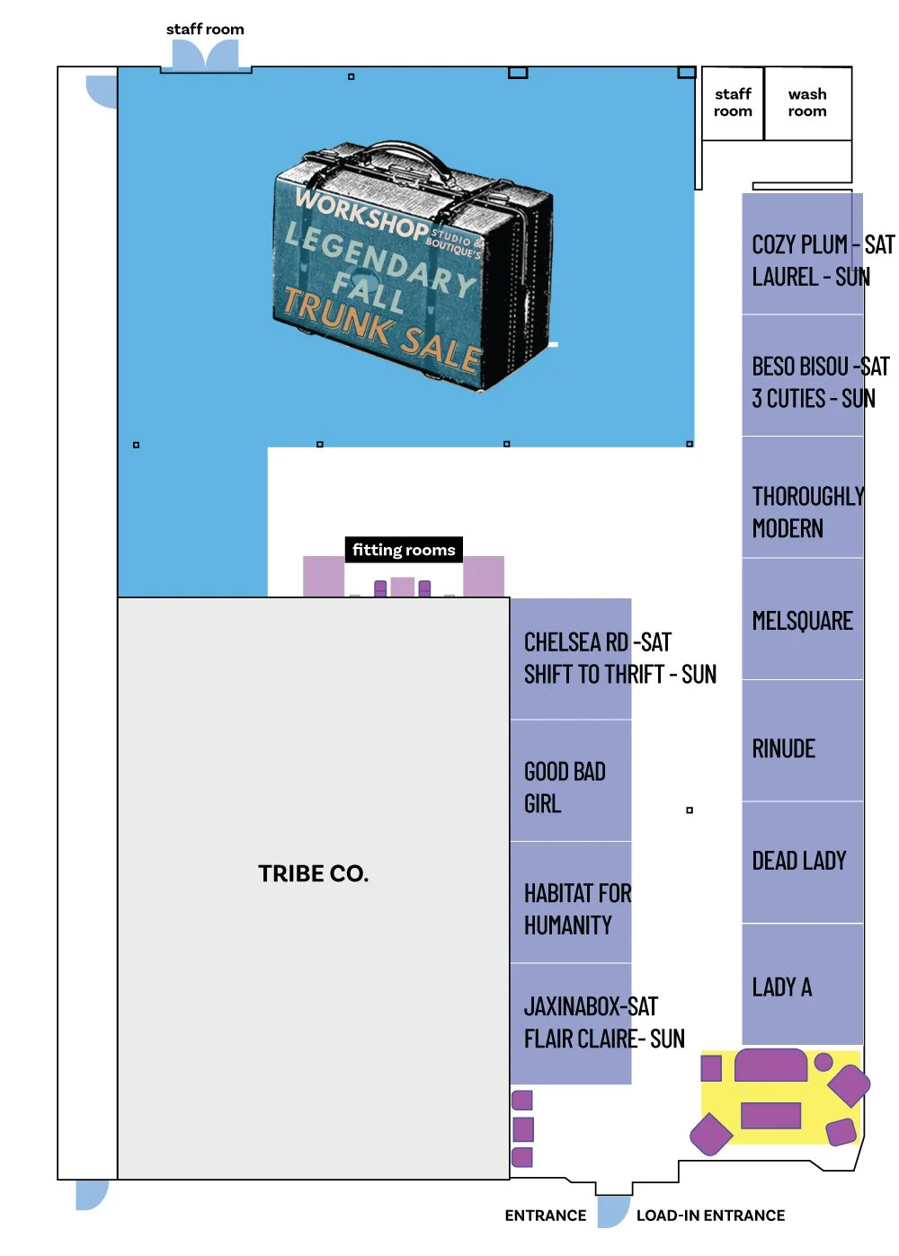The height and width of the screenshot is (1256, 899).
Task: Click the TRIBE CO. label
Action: click(313, 873)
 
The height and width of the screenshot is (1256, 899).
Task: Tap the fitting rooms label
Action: click(404, 550)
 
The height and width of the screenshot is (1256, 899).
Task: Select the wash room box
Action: click(807, 103)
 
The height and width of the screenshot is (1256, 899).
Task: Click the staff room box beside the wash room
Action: click(733, 103)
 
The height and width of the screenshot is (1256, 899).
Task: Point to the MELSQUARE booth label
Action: click(802, 621)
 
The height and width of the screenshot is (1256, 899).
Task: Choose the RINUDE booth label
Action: click(783, 748)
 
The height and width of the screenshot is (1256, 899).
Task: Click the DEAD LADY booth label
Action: click(799, 861)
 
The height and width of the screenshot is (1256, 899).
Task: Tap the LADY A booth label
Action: click(781, 987)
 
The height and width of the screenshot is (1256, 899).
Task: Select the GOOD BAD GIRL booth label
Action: click(565, 787)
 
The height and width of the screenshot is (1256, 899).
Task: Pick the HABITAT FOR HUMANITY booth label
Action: click(577, 908)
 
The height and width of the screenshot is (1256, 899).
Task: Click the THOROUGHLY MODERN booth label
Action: click(807, 512)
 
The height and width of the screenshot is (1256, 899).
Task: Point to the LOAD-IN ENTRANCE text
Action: click(710, 1216)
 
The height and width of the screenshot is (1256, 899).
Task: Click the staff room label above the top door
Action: click(205, 30)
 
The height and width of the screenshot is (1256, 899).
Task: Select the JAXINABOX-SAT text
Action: click(591, 1006)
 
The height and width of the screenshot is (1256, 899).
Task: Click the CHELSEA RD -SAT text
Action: click(598, 642)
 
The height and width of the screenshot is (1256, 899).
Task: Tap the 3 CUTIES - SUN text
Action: click(814, 398)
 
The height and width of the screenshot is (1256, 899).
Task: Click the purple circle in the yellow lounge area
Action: click(823, 1063)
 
